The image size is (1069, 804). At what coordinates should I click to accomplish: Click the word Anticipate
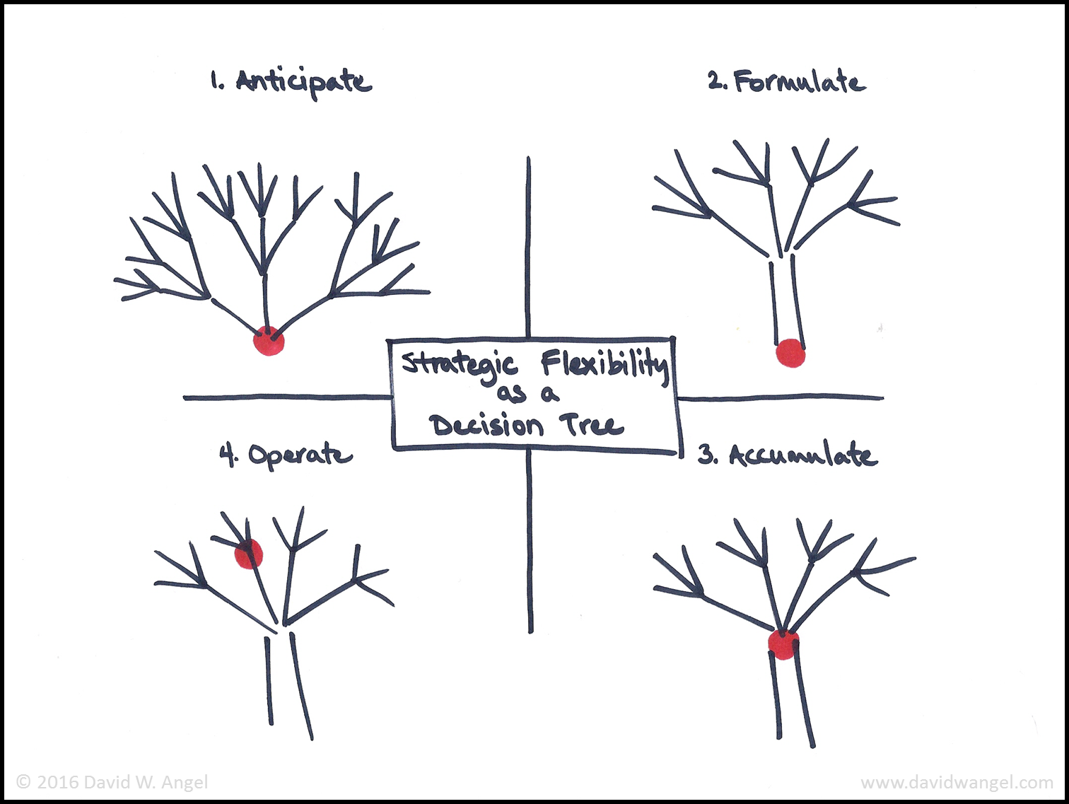(304, 82)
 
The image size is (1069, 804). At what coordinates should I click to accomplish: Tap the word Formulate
(799, 82)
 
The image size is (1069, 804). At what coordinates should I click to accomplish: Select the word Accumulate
(803, 455)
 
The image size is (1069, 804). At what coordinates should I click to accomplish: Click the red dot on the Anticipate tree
(269, 341)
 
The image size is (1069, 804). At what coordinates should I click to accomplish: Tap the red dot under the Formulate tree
(790, 353)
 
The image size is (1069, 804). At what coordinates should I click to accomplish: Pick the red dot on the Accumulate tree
(783, 644)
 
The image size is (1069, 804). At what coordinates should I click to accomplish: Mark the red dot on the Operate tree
(248, 554)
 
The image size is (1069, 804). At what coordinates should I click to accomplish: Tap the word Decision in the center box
(488, 426)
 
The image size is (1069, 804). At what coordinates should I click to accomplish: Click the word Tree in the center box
(592, 425)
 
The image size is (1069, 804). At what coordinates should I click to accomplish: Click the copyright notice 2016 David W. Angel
(112, 782)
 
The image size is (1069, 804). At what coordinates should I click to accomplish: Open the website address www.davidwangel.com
(957, 783)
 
